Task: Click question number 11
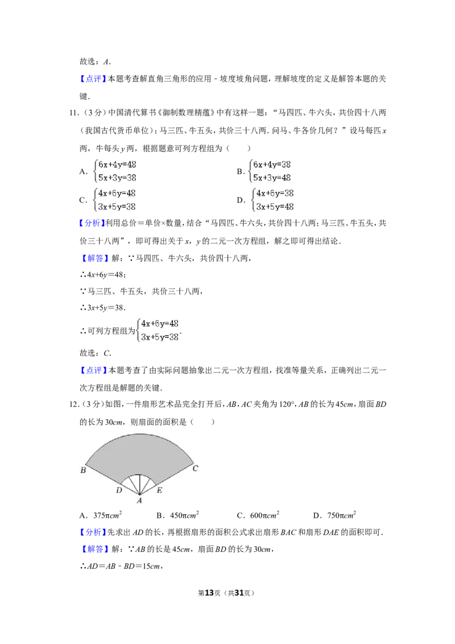pyautogui.click(x=74, y=113)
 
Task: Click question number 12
pyautogui.click(x=74, y=404)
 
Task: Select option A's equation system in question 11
pyautogui.click(x=115, y=171)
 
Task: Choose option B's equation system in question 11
pyautogui.click(x=270, y=171)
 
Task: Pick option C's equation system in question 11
pyautogui.click(x=115, y=200)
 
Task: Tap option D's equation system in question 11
pyautogui.click(x=273, y=200)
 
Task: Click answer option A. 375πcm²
pyautogui.click(x=101, y=515)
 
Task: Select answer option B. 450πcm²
pyautogui.click(x=177, y=515)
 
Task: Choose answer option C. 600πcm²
pyautogui.click(x=258, y=515)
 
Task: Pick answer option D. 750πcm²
pyautogui.click(x=334, y=515)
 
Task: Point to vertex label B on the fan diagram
pyautogui.click(x=83, y=470)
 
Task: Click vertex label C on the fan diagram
pyautogui.click(x=196, y=468)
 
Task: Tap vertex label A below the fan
pyautogui.click(x=139, y=501)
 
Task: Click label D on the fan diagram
pyautogui.click(x=119, y=490)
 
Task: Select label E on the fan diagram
pyautogui.click(x=159, y=490)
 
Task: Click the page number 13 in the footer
pyautogui.click(x=209, y=593)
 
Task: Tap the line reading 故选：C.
pyautogui.click(x=96, y=353)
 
